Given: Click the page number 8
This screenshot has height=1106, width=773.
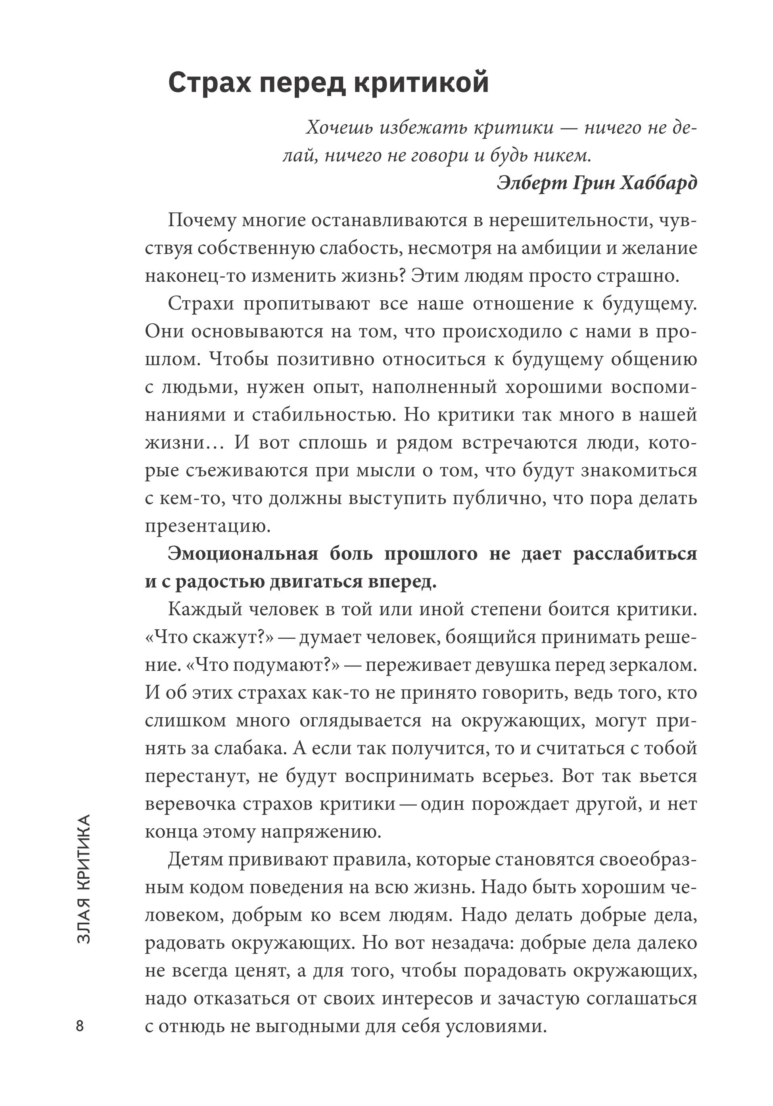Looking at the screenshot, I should tap(80, 1026).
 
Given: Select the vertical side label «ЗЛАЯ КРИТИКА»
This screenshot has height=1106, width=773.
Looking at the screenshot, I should tap(84, 879).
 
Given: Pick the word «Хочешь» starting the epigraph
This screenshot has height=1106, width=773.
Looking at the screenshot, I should tap(340, 128).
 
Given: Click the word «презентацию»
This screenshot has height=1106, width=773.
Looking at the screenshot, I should tap(207, 526).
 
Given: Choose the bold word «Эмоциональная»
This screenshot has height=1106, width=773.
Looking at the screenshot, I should tap(243, 554).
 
